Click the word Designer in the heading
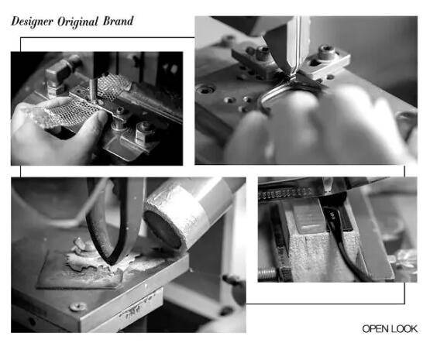coord(32,22)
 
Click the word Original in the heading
coord(77,22)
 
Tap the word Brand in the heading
coord(119,21)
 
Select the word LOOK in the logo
coord(404,329)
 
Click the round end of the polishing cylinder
coord(163,230)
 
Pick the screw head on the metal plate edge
coord(78,307)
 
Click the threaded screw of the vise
coord(267,273)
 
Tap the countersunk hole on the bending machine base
coord(206,89)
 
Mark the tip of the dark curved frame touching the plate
coord(111,263)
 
